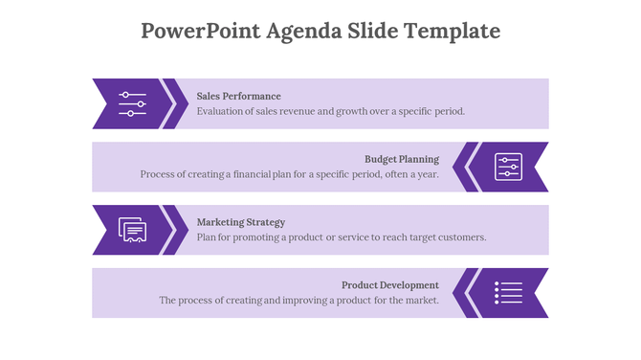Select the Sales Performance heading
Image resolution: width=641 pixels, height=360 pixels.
coord(238,96)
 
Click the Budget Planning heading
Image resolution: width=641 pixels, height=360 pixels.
coord(402,159)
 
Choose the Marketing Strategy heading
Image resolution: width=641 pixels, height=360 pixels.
coord(240,222)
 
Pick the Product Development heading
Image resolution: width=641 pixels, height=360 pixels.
coord(390,285)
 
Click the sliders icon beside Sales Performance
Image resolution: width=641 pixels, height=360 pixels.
coord(132,103)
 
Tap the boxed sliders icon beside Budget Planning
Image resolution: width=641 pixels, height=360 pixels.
coord(508,167)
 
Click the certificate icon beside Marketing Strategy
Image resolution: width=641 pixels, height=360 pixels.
coord(132,230)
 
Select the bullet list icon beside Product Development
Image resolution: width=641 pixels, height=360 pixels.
coord(508,293)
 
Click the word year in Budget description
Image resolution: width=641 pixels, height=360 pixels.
coord(428,174)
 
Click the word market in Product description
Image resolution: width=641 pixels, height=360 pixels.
coord(422,301)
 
